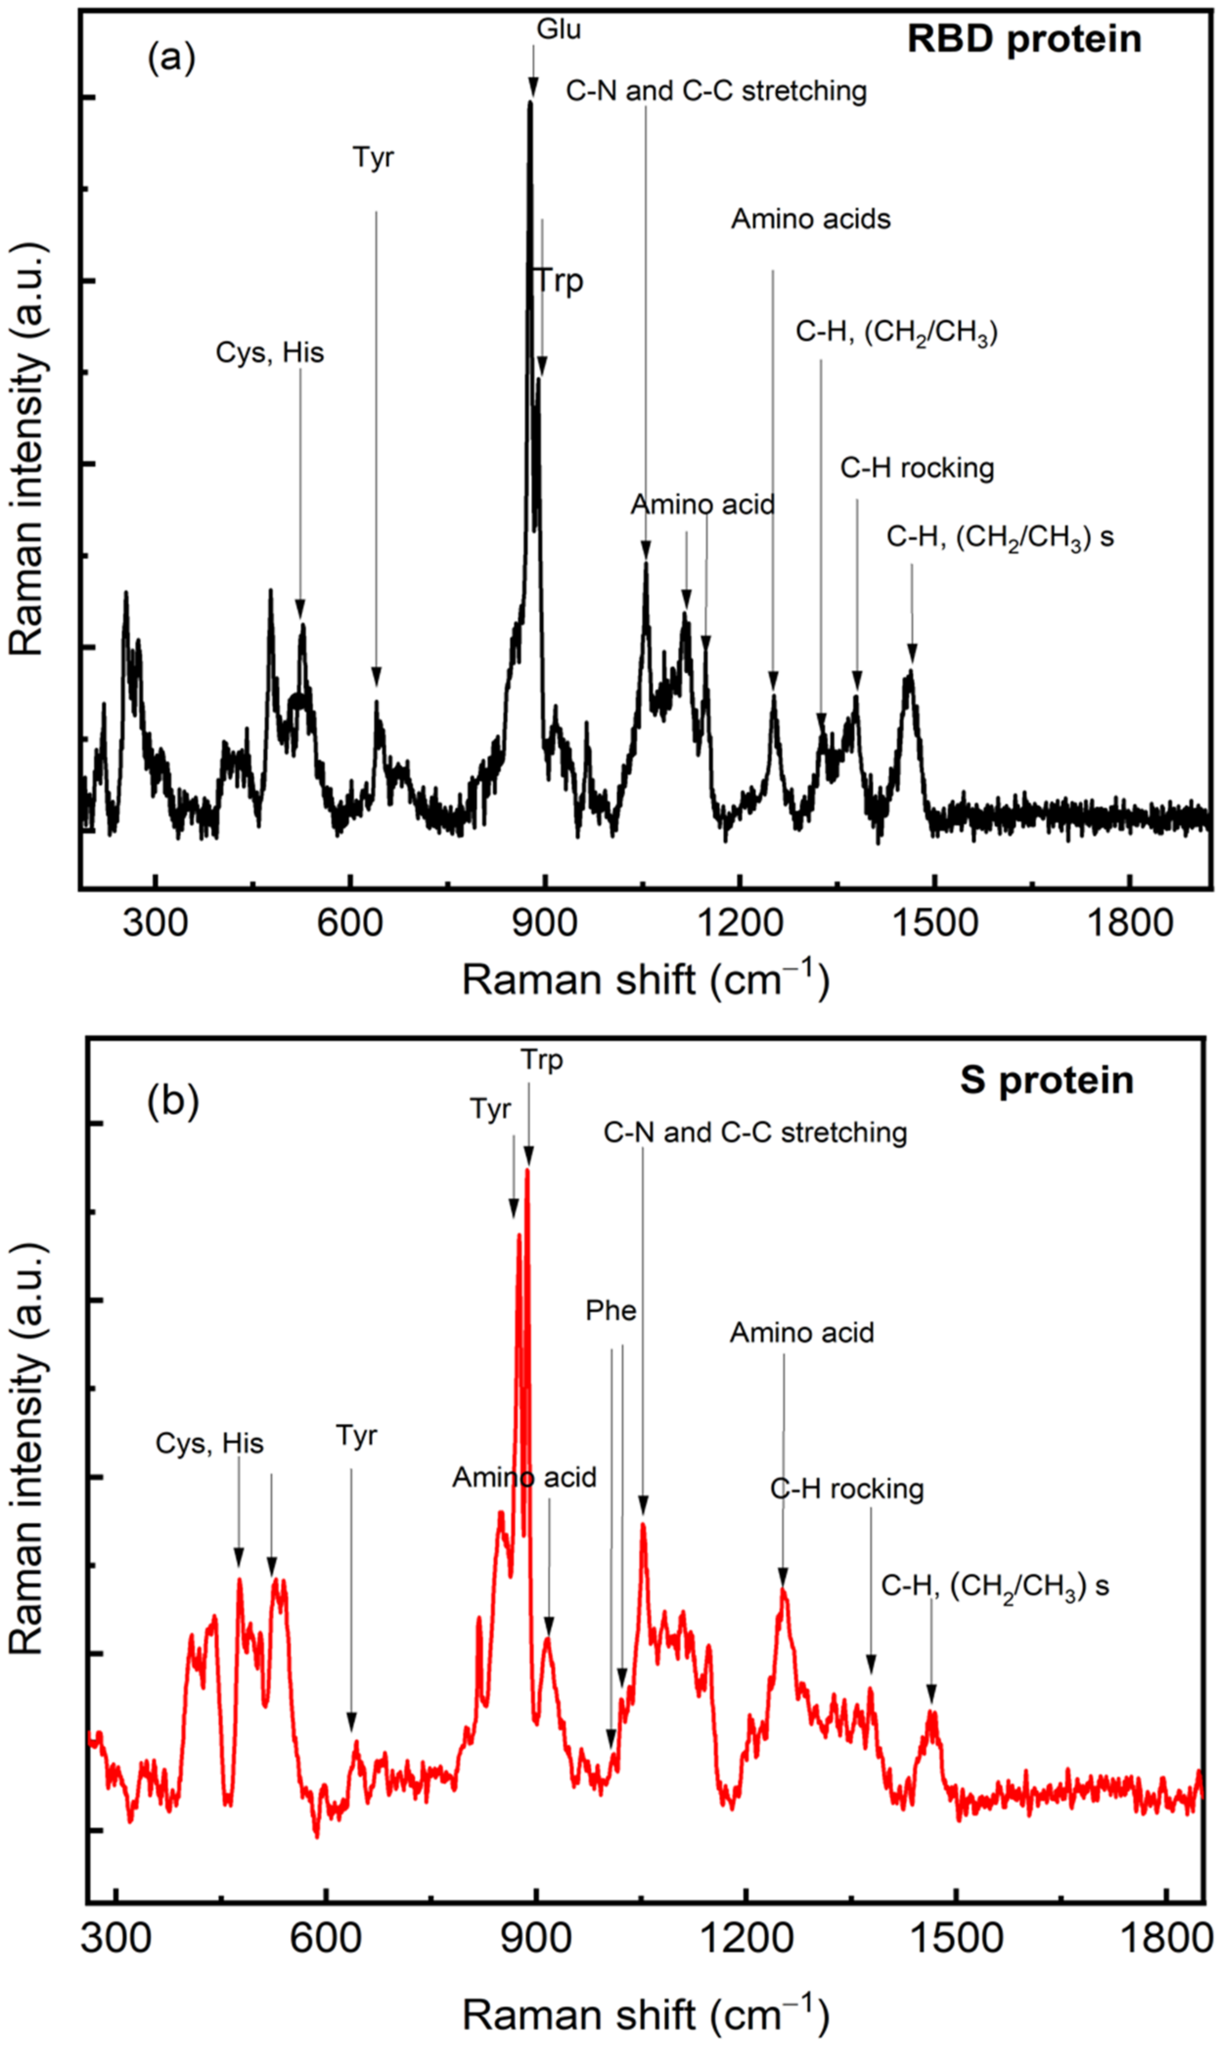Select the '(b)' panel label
173,1102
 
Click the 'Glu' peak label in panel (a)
559,30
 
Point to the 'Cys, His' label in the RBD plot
270,352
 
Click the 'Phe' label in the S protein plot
610,1310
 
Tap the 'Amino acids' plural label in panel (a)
811,219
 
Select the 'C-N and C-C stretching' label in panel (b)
754,1132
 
